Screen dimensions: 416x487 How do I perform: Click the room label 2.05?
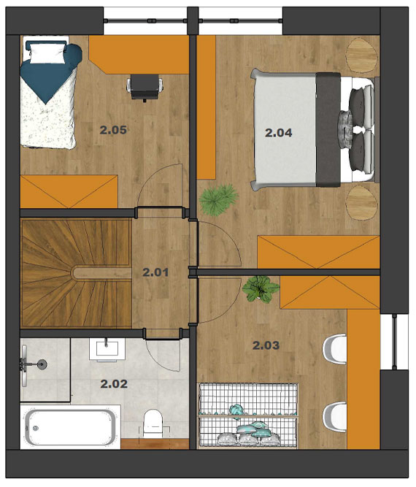pyautogui.click(x=113, y=130)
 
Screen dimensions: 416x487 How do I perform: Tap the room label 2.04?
pyautogui.click(x=279, y=133)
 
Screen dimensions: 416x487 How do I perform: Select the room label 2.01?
pyautogui.click(x=155, y=272)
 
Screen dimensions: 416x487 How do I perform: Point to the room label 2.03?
pyautogui.click(x=266, y=345)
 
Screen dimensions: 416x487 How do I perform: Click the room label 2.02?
pyautogui.click(x=114, y=384)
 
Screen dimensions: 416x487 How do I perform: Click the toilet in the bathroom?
pyautogui.click(x=154, y=423)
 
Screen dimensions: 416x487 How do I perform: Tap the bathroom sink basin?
pyautogui.click(x=107, y=350)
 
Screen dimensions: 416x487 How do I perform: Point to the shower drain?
pyautogui.click(x=42, y=363)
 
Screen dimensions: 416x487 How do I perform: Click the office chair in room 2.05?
pyautogui.click(x=145, y=88)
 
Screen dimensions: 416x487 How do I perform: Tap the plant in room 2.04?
pyautogui.click(x=218, y=200)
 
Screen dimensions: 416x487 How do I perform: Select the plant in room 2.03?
pyautogui.click(x=261, y=289)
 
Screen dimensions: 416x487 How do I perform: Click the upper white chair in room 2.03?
pyautogui.click(x=335, y=348)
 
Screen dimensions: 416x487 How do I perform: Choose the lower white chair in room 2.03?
pyautogui.click(x=335, y=416)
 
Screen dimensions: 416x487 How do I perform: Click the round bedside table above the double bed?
pyautogui.click(x=362, y=55)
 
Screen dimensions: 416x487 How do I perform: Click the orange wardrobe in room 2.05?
pyautogui.click(x=69, y=191)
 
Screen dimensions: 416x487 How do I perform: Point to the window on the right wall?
pyautogui.click(x=394, y=342)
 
